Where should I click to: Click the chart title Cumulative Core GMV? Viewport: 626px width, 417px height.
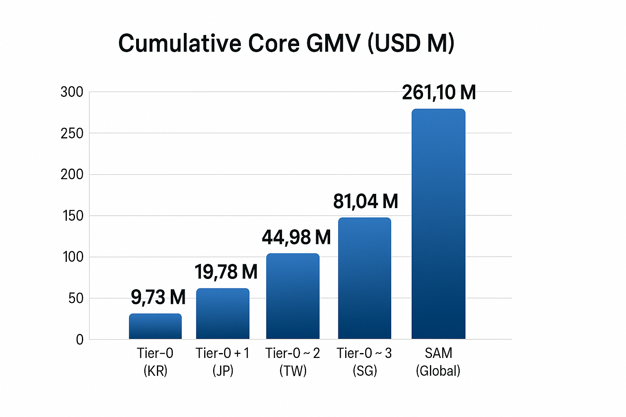coord(286,43)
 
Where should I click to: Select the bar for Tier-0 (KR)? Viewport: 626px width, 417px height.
coord(155,326)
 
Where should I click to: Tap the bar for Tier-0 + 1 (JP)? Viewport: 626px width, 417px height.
coord(223,314)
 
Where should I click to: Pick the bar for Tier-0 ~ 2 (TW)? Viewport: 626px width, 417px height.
coord(293,296)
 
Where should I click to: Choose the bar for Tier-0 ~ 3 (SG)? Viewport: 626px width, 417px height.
coord(364,278)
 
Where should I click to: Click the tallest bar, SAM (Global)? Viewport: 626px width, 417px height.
coord(438,224)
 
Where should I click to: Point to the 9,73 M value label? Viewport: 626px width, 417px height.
coord(158,297)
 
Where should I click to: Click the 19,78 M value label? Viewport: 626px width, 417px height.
coord(226,272)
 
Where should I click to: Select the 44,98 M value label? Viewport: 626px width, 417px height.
coord(296,237)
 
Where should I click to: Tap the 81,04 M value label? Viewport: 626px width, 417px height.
coord(365,201)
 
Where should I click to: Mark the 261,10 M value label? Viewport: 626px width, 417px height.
coord(439,92)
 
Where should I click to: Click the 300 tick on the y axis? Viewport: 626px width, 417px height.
coord(72,92)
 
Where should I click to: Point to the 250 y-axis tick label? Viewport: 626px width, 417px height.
coord(72,134)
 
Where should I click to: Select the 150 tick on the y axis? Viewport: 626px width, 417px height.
coord(73,216)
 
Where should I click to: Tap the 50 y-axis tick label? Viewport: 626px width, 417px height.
coord(75,298)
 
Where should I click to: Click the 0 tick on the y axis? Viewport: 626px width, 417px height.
coord(79,340)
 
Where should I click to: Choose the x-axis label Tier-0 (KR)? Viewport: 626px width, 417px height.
coord(155,362)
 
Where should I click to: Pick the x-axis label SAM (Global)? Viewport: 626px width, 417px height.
coord(438,362)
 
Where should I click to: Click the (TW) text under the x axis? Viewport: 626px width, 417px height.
coord(293,371)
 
